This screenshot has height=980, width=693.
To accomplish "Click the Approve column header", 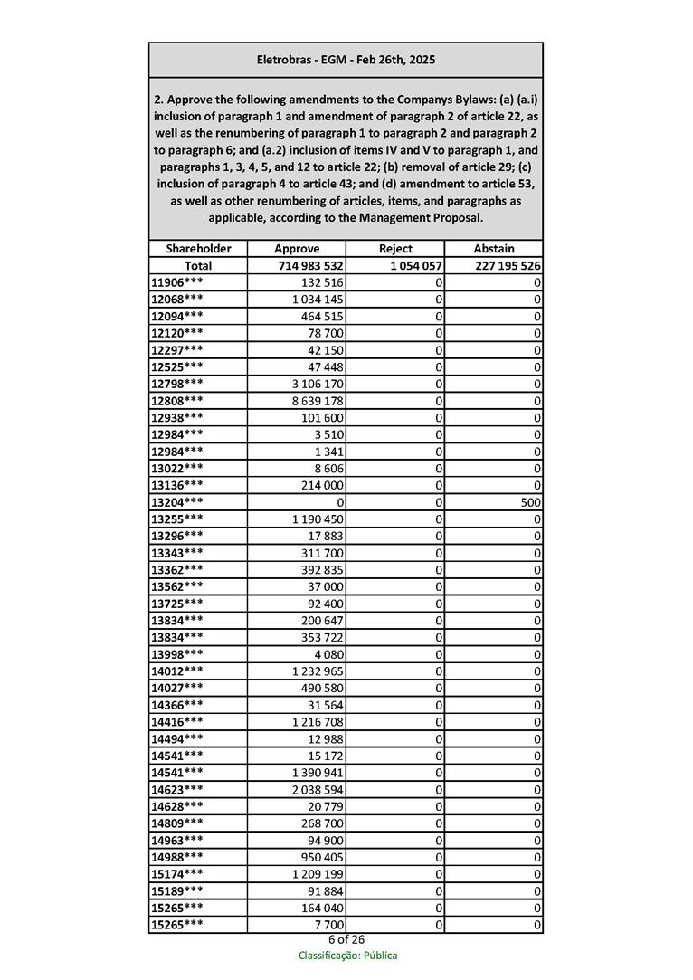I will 297,249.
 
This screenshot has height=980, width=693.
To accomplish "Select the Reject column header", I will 395,249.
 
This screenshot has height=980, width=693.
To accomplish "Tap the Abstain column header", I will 494,249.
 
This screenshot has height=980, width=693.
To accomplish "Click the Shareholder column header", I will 198,249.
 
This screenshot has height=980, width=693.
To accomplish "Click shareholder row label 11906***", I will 176,282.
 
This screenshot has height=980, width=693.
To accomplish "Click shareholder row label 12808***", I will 176,400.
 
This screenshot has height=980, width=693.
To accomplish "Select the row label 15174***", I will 176,874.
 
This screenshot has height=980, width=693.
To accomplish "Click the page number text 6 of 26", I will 346,939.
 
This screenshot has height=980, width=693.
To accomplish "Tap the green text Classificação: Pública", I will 347,956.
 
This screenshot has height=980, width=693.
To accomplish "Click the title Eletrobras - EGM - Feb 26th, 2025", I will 346,60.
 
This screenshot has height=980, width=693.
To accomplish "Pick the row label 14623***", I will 176,789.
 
